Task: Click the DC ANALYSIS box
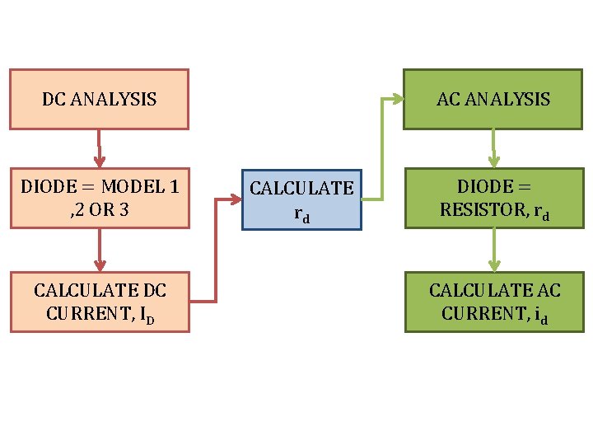(99, 99)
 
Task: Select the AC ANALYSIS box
(493, 99)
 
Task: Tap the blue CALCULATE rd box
(301, 199)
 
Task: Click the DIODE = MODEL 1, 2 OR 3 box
(99, 199)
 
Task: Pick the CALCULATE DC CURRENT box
(100, 302)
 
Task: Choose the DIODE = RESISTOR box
(493, 199)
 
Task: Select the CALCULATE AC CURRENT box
(493, 302)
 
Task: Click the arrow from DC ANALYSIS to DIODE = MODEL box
(99, 149)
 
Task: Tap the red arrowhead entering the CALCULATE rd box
(235, 199)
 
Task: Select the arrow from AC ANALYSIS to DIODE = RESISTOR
(493, 149)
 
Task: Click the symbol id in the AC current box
(540, 316)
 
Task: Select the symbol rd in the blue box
(301, 214)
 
